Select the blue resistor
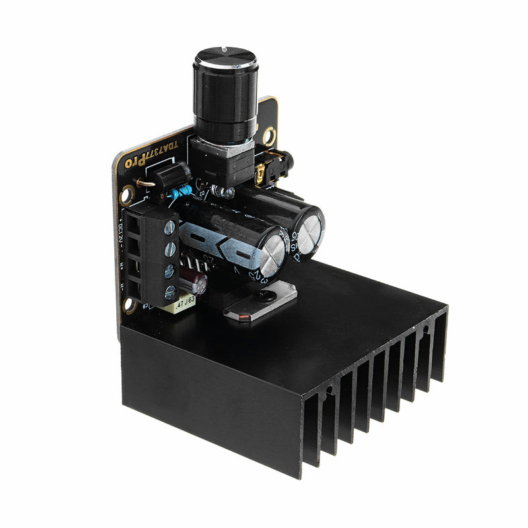(x=180, y=192)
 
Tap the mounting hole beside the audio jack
(x=268, y=135)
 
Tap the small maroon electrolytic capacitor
(x=197, y=284)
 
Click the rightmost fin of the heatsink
(x=437, y=350)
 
